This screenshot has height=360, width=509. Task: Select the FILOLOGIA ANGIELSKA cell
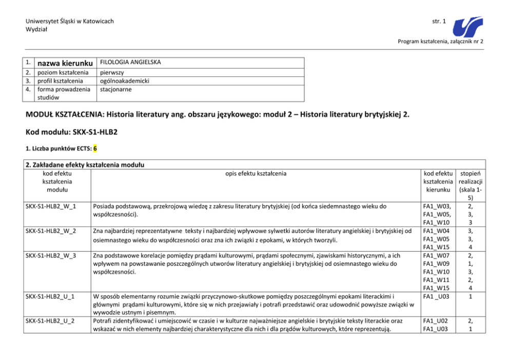[x=130, y=63]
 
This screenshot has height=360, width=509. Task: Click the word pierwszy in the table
[x=111, y=73]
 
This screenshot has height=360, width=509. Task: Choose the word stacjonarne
[x=116, y=89]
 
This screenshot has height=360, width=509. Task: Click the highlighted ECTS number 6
[x=95, y=149]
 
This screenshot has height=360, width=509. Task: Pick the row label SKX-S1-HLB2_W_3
[x=51, y=255]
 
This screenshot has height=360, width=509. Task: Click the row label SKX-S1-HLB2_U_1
[x=51, y=296]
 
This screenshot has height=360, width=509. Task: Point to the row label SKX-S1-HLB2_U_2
[x=51, y=321]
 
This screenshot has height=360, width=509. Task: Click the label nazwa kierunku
[x=63, y=63]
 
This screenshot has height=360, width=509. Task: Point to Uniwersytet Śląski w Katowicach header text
[x=70, y=21]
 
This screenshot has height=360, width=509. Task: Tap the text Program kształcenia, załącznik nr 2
[x=440, y=41]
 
